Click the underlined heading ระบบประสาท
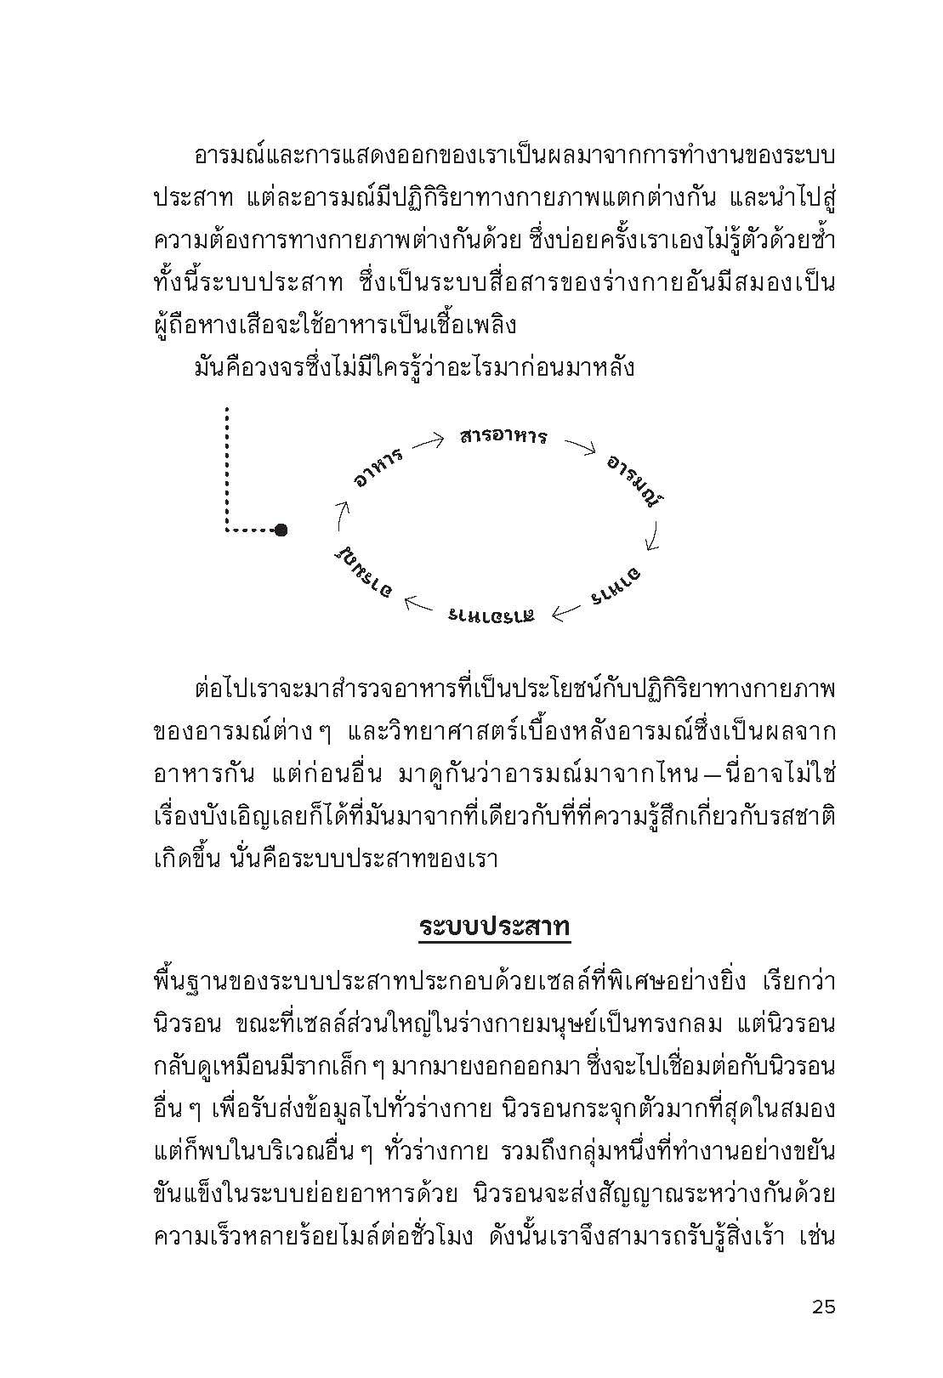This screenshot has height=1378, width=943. (494, 927)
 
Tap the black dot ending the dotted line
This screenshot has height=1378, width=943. (281, 530)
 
